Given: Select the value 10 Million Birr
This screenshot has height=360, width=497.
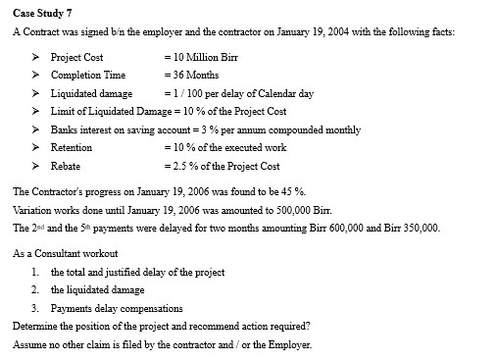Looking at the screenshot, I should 203,57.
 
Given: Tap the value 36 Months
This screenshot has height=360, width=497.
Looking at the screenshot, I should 193,76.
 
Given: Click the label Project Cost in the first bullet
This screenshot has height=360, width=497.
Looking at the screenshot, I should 77,57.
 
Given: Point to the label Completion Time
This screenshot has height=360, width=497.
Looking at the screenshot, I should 88,76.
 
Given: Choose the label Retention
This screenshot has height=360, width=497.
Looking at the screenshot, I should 72,147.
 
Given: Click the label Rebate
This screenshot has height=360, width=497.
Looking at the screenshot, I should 66,166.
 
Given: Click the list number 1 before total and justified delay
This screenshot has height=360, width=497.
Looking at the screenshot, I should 35,272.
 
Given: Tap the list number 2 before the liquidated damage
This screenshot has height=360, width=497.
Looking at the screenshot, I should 35,289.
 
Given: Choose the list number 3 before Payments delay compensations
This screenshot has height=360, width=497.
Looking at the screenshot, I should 35,308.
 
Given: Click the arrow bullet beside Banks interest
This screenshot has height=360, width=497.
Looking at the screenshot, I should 37,129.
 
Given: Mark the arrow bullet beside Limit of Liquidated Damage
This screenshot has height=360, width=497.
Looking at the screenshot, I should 37,112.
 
